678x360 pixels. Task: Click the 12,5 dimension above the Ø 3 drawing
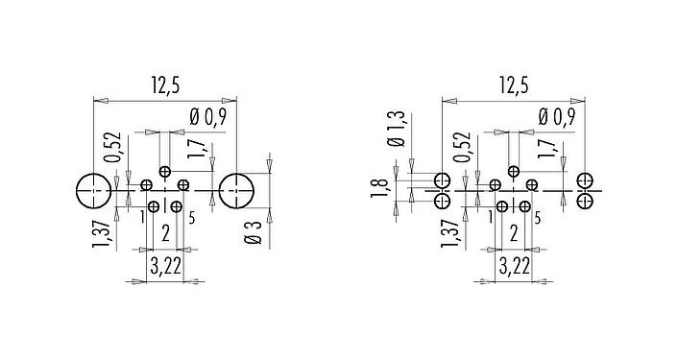pyautogui.click(x=164, y=86)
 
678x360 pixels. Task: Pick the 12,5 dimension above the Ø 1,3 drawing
pyautogui.click(x=513, y=86)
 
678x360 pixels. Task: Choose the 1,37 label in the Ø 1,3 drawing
pyautogui.click(x=450, y=233)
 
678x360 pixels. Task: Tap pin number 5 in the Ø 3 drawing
pyautogui.click(x=193, y=218)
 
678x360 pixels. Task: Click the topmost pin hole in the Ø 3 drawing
pyautogui.click(x=165, y=172)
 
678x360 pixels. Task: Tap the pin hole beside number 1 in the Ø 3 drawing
pyautogui.click(x=155, y=205)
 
